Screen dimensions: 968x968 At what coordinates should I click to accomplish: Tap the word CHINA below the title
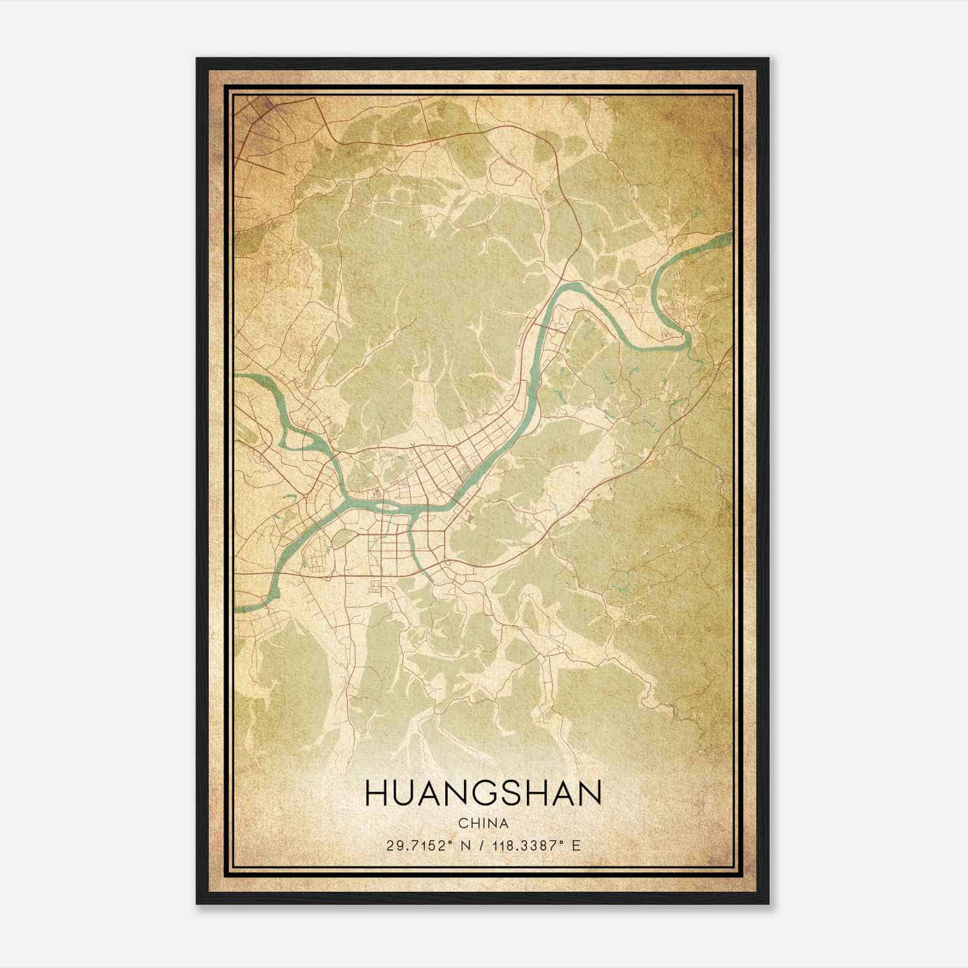(x=483, y=823)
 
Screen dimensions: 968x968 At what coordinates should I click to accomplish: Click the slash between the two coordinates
(x=480, y=845)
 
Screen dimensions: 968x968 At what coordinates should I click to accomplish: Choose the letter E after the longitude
(x=577, y=845)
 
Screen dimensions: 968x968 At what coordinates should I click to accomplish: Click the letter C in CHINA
(x=462, y=823)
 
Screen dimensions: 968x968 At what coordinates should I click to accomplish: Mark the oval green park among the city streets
(x=342, y=537)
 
